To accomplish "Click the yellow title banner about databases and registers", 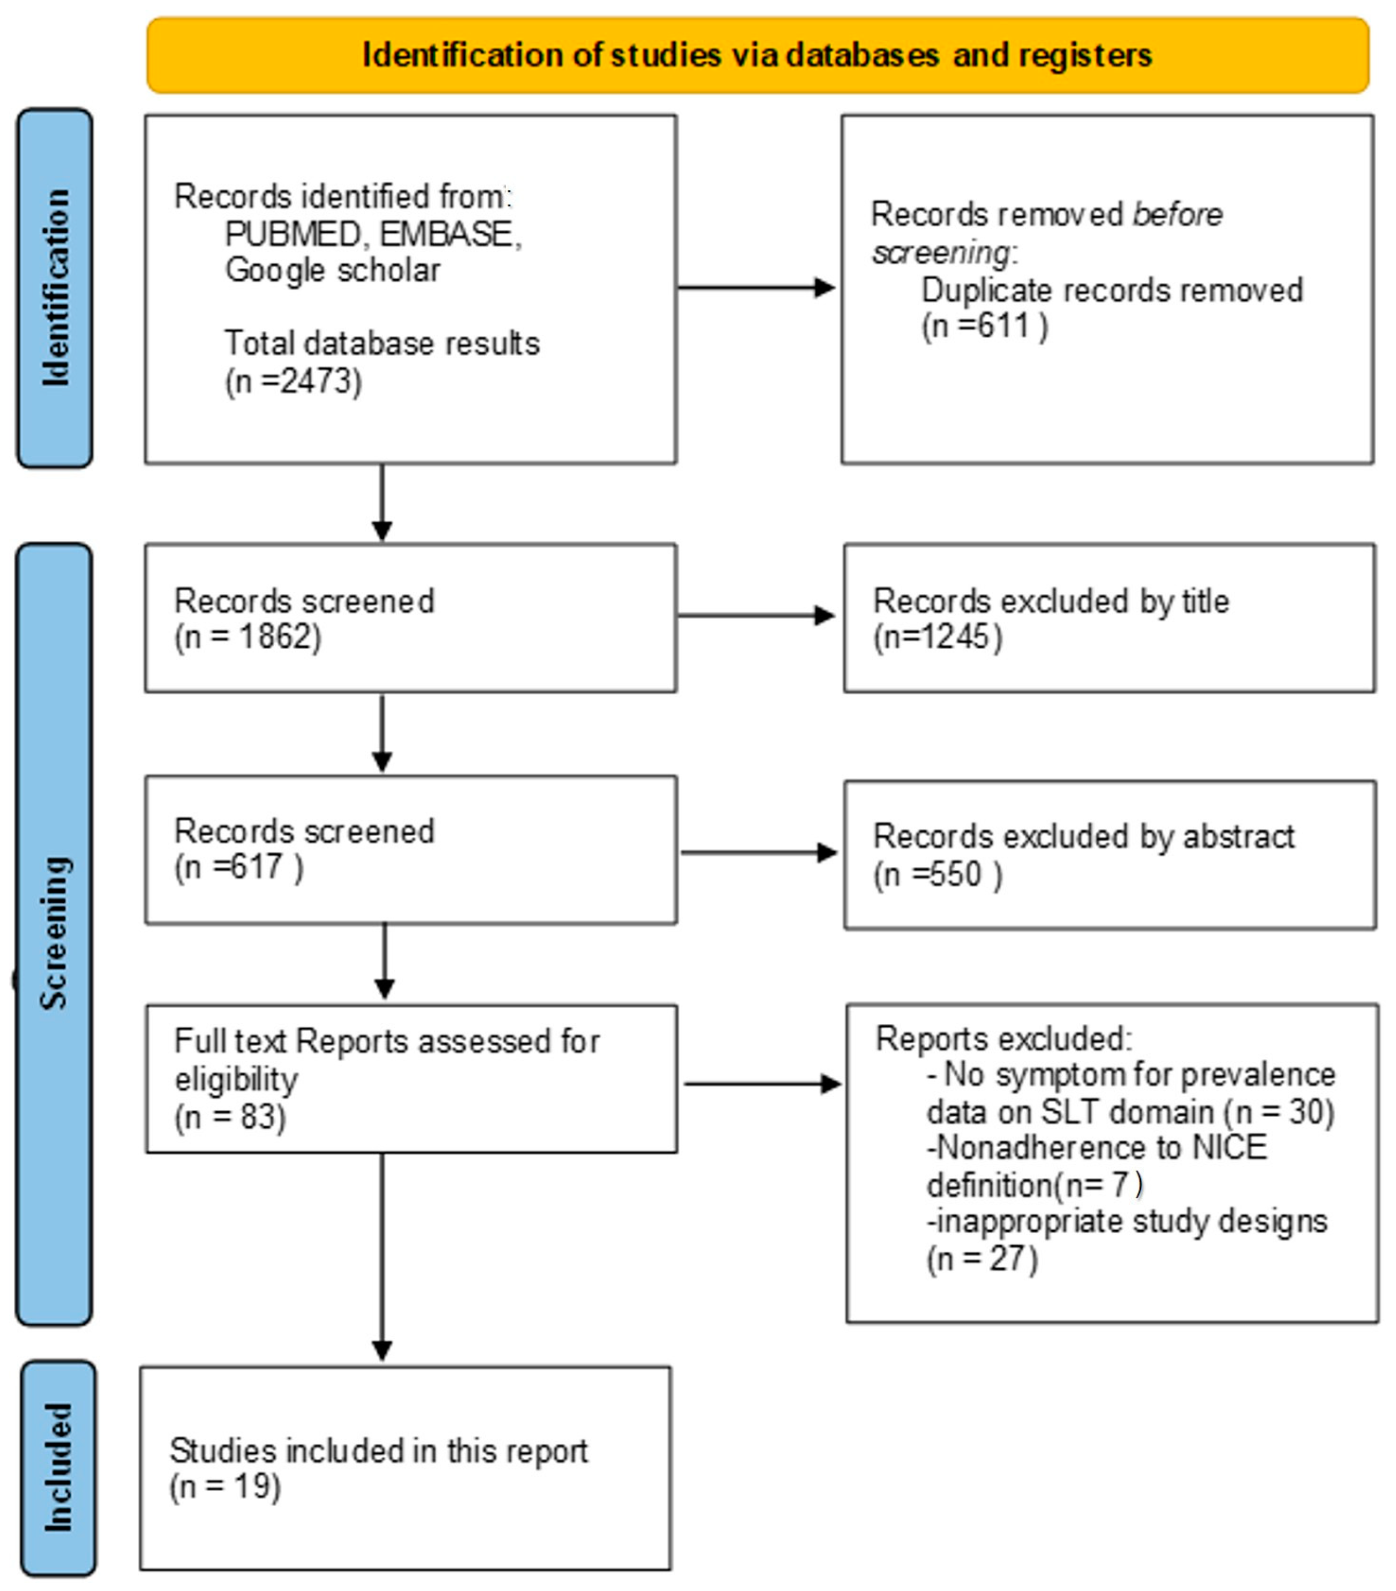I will [757, 55].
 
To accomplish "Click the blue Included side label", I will [58, 1467].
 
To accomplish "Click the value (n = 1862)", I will [248, 637].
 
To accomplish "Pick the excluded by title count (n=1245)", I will [937, 637].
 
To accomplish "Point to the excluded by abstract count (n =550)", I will [937, 875].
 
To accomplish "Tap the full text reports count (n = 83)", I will [230, 1117].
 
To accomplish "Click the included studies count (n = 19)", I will [225, 1486].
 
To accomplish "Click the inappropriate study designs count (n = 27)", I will [982, 1259].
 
